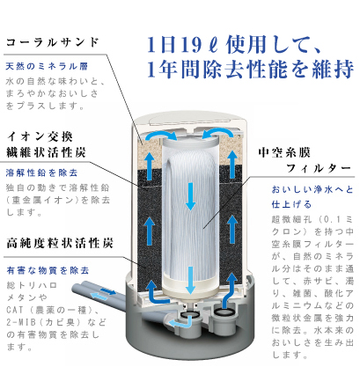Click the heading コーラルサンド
click(x=52, y=42)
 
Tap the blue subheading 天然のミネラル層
click(x=47, y=66)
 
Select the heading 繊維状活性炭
click(x=46, y=152)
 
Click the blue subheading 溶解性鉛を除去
click(x=41, y=172)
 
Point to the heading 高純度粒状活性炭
click(x=60, y=243)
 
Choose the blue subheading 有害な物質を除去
click(x=48, y=270)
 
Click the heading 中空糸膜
click(x=284, y=152)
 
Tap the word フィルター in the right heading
click(x=319, y=168)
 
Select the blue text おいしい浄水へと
click(x=312, y=189)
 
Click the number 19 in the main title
click(x=191, y=45)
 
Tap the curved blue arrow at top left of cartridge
click(x=161, y=135)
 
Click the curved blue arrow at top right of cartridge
click(x=217, y=134)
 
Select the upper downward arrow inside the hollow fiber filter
click(x=191, y=196)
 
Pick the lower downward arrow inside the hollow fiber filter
click(x=191, y=280)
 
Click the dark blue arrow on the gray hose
click(x=108, y=291)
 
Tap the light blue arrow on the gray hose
click(x=99, y=296)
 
